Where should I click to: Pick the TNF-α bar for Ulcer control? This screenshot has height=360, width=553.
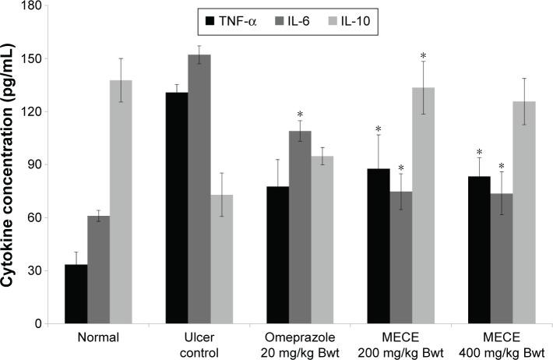tap(176, 207)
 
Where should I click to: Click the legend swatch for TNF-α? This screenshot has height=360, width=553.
tap(210, 21)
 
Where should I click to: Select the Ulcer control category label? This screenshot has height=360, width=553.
tap(199, 346)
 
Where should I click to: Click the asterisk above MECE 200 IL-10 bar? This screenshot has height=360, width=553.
tap(423, 55)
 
